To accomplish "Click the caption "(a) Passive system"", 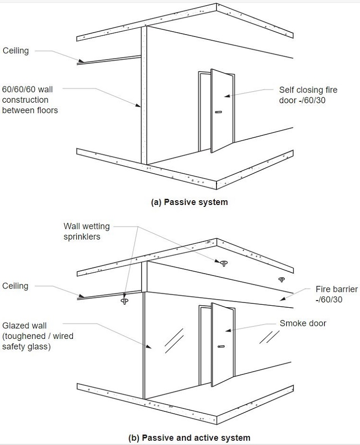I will (190, 202).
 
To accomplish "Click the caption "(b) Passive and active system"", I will (189, 437).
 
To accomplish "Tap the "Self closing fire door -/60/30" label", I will (308, 95).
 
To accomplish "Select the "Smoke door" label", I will (303, 323).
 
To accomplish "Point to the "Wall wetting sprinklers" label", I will (86, 231).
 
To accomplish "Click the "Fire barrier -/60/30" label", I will (336, 294).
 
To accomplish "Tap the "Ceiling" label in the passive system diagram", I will (16, 50).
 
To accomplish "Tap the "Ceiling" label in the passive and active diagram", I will (15, 286).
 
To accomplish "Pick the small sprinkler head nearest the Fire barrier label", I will (281, 279).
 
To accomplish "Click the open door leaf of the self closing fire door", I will (221, 110).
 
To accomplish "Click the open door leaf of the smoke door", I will (222, 343).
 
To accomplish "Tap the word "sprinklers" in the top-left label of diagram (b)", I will (83, 237).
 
